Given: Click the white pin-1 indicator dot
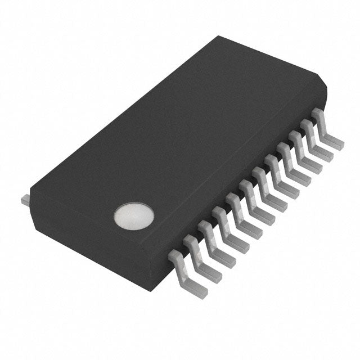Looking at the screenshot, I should pyautogui.click(x=133, y=217).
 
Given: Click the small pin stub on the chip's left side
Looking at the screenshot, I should pyautogui.click(x=25, y=199).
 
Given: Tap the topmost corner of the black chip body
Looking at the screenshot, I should pyautogui.click(x=220, y=37).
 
